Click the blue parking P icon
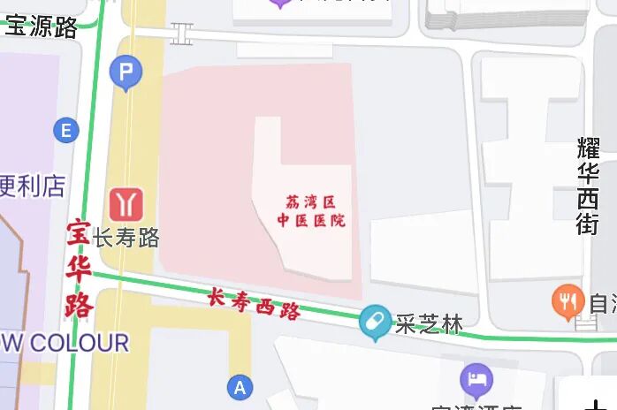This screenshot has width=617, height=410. point(126,72)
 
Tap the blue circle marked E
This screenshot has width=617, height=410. point(65,132)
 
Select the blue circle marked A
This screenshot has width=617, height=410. point(239,387)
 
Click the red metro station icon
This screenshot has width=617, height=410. point(126,202)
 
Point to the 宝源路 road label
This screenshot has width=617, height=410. point(42,27)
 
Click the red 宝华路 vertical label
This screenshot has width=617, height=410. point(79,270)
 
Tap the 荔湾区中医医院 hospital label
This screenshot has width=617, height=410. point(311,211)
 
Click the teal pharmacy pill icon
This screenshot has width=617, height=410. point(376,322)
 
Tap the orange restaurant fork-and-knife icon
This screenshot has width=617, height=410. point(567,301)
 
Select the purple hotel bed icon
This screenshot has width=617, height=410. point(476,380)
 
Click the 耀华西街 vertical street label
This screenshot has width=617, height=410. point(589,186)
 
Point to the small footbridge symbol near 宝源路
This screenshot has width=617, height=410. point(181,34)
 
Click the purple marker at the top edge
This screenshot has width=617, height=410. point(281,3)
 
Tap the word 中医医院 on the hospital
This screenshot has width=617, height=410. point(311,220)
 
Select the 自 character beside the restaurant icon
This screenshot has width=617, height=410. point(602,304)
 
